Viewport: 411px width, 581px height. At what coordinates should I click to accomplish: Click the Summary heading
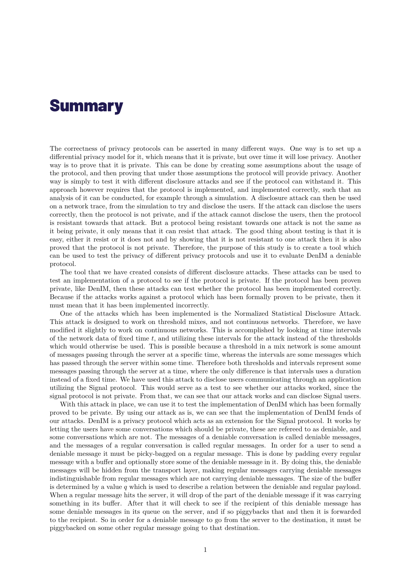[86, 106]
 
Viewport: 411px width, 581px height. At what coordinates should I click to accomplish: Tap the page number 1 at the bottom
[205, 550]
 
